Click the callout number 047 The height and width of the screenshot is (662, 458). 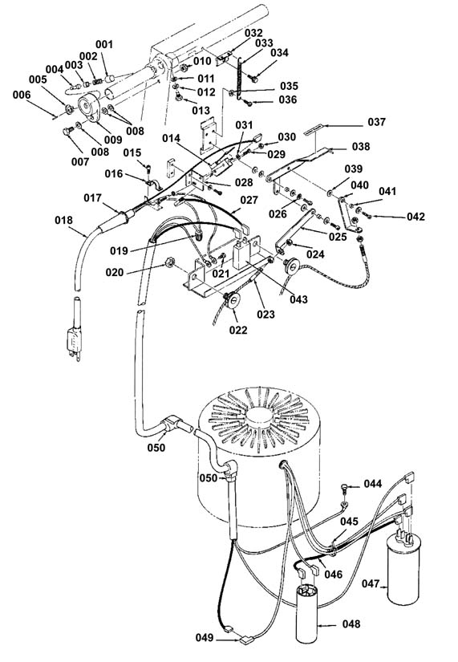[371, 584]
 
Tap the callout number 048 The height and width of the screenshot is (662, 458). [351, 623]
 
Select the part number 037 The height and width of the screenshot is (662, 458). [376, 122]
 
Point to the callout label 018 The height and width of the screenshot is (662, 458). [63, 220]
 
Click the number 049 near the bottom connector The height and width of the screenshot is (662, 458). [205, 637]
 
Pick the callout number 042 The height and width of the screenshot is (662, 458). [415, 217]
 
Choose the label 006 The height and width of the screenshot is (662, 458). [22, 95]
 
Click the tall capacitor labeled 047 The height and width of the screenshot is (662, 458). [403, 570]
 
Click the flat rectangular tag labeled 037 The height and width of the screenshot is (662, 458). [314, 128]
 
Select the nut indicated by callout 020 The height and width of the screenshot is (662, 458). [169, 263]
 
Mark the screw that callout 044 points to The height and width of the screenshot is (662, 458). [344, 489]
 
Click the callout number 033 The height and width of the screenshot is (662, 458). [264, 43]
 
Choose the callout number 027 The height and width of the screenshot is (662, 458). [249, 200]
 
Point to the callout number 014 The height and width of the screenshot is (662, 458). [171, 139]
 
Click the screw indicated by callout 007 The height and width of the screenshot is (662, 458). [67, 132]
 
